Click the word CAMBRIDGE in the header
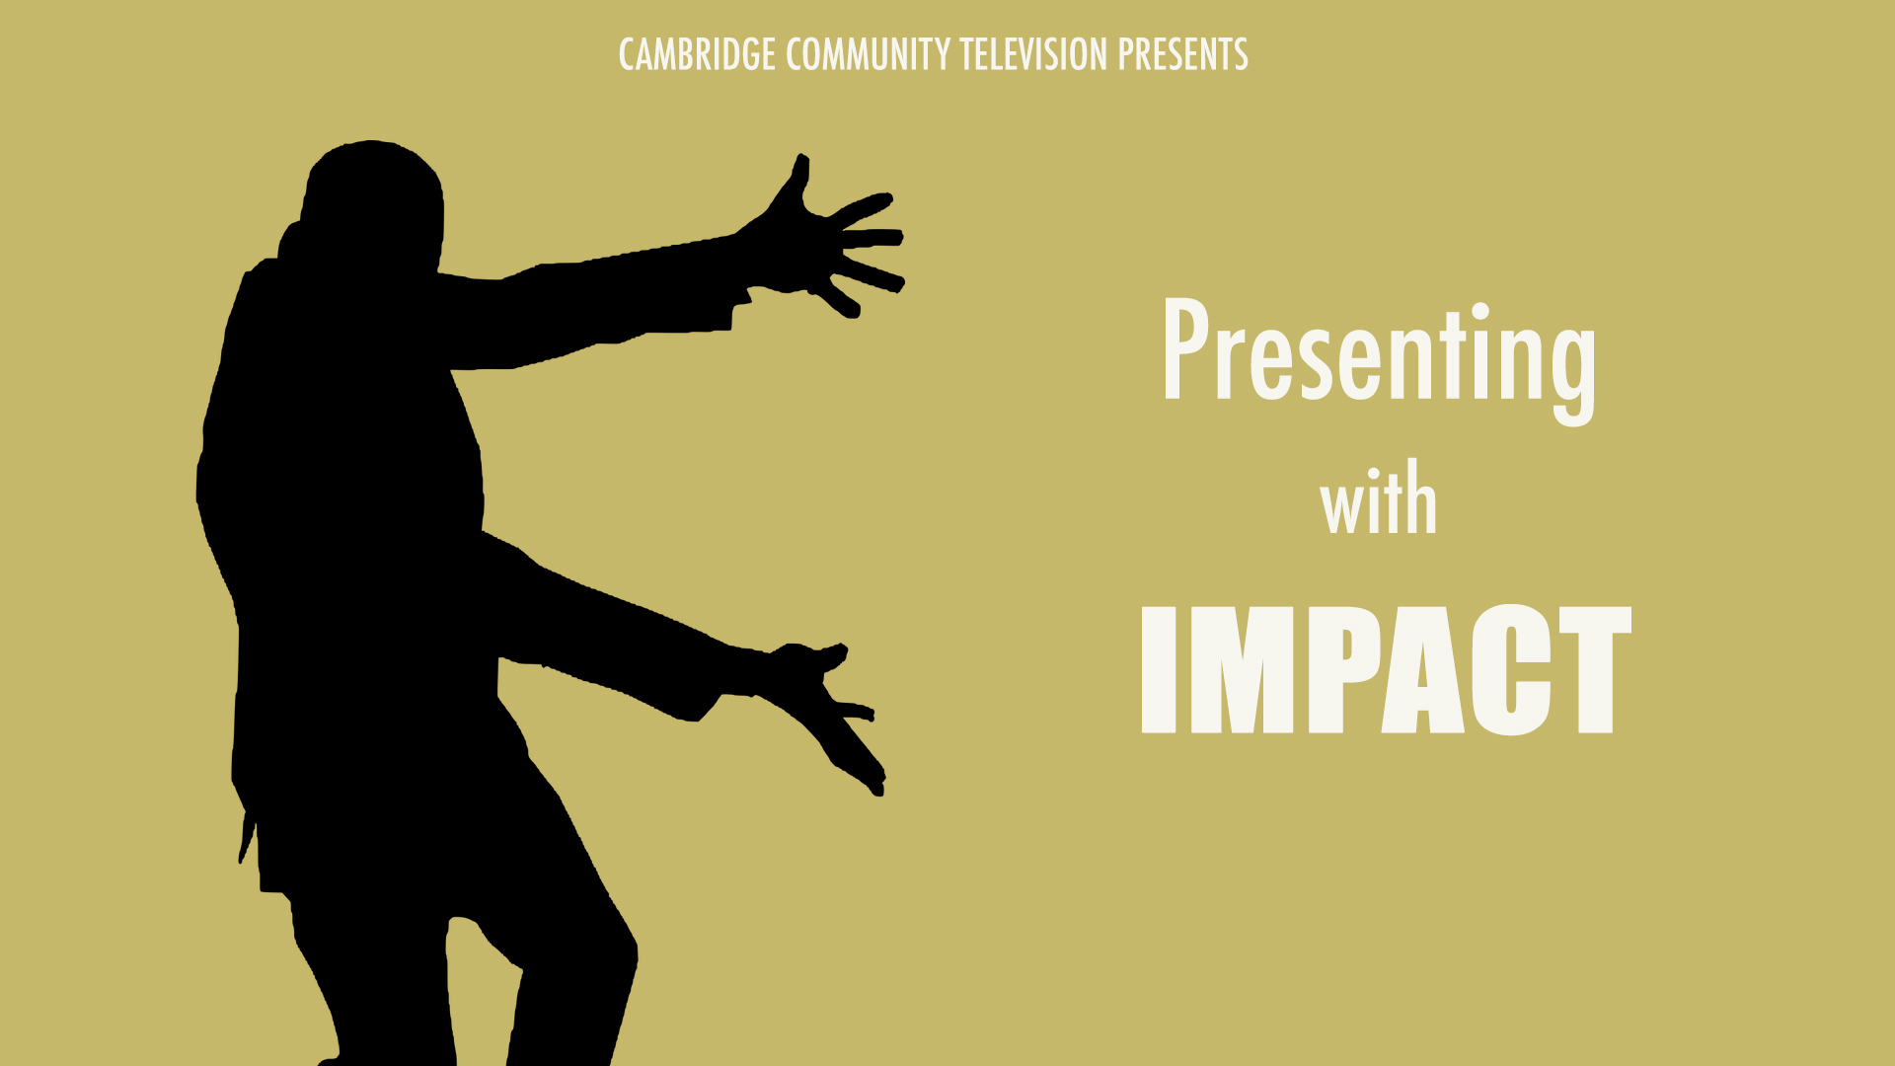coord(697,54)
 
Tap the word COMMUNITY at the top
coord(869,54)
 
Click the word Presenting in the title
coord(1379,361)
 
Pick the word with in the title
coord(1379,498)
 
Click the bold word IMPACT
coord(1386,670)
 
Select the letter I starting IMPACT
coord(1159,670)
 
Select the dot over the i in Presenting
coord(1480,313)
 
